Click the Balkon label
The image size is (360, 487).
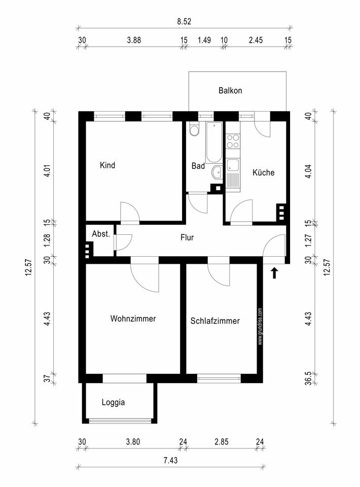coord(230,91)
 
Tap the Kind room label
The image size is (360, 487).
coord(107,165)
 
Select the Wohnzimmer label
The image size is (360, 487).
coord(133,319)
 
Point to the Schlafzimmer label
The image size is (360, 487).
coord(215,321)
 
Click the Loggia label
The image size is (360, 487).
coord(113,402)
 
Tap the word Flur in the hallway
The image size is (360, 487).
coord(187,237)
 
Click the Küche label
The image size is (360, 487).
coord(263,172)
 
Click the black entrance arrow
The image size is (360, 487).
coord(274,273)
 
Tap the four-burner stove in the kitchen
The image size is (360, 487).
coord(233,141)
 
